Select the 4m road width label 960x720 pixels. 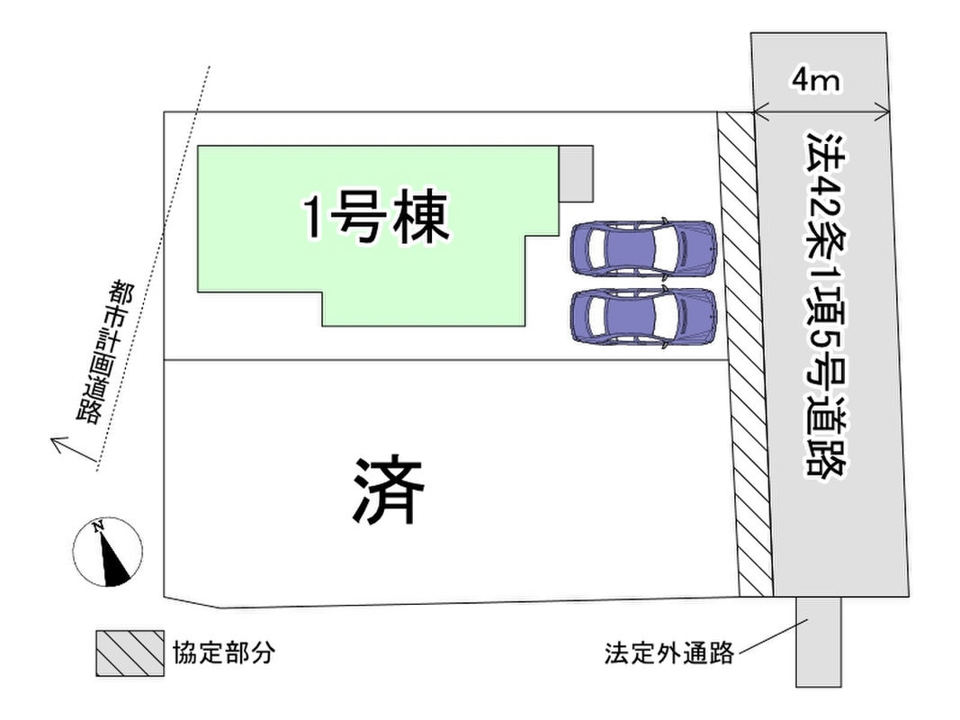815,79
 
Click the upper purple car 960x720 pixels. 643,248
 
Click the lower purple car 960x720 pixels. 643,317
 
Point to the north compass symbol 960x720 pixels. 108,552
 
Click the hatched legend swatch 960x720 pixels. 130,653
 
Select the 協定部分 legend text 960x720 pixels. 223,652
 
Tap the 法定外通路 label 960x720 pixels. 669,652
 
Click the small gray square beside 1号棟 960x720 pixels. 576,174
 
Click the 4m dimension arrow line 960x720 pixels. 821,113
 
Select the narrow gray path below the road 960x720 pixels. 819,642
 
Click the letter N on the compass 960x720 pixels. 97,527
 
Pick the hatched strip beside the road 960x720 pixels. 744,354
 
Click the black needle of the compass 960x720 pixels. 112,558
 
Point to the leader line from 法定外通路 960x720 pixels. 774,636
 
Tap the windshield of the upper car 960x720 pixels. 662,248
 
